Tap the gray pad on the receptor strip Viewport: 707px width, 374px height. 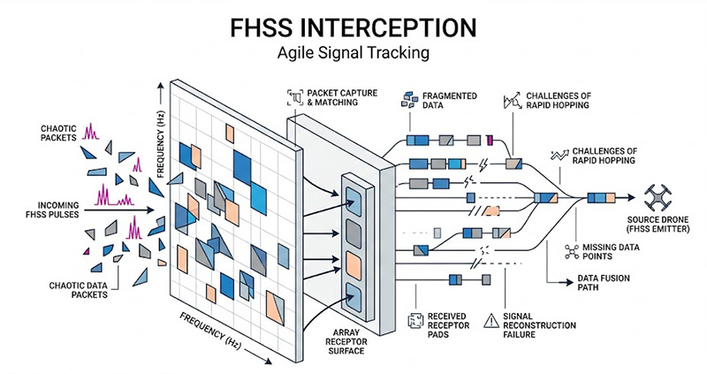coord(355,231)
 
